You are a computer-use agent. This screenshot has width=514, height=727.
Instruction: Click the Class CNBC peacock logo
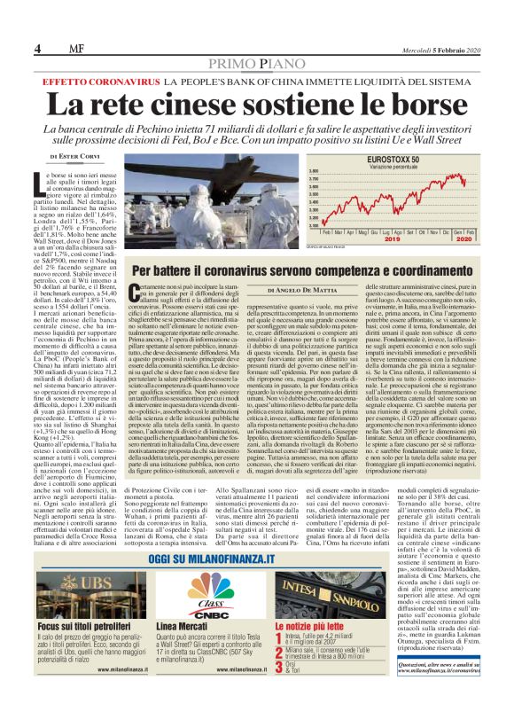click(211, 589)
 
